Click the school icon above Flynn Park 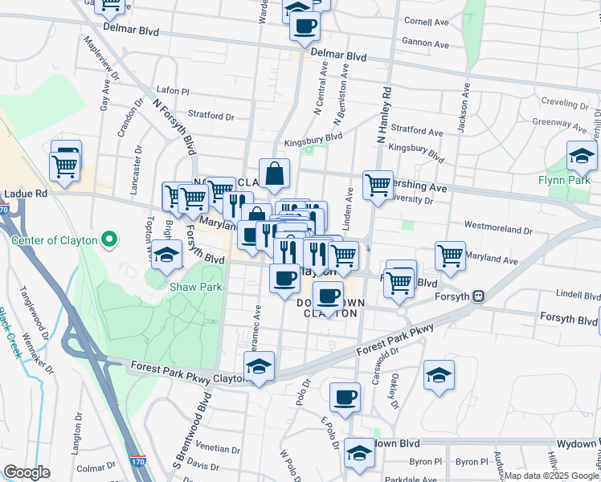pos(581,156)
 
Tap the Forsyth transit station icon pos(478,296)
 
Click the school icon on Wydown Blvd pos(359,451)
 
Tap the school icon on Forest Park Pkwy pos(259,366)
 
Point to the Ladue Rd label pos(26,194)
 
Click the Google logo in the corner pos(27,472)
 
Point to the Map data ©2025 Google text pos(550,476)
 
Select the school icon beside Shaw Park pos(166,255)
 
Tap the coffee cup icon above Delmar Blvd pos(305,26)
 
